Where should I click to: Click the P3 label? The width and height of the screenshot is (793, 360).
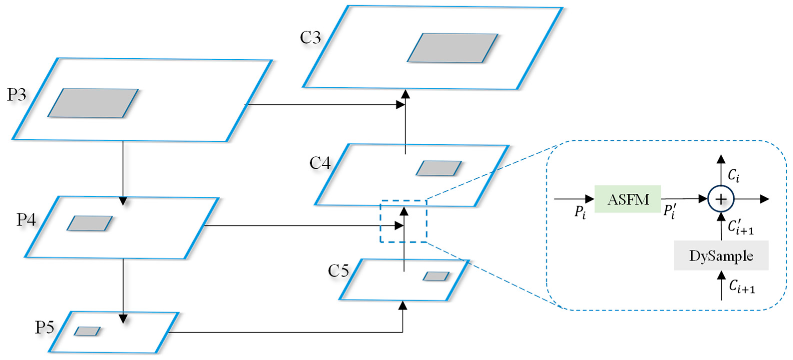17,95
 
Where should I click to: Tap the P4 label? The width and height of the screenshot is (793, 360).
26,220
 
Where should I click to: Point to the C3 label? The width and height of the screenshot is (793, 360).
310,37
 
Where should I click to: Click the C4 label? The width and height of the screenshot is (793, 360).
320,163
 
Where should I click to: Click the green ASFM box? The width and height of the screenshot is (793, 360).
628,199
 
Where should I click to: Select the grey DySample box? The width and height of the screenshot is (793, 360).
721,256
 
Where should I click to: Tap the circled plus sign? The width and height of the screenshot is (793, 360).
721,199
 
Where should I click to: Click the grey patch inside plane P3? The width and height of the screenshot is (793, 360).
93,103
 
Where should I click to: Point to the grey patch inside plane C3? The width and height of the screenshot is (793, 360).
453,48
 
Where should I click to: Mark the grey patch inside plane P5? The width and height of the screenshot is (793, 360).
87,331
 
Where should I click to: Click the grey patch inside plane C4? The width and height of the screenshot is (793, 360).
439,168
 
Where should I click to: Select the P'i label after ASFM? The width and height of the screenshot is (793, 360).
669,212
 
